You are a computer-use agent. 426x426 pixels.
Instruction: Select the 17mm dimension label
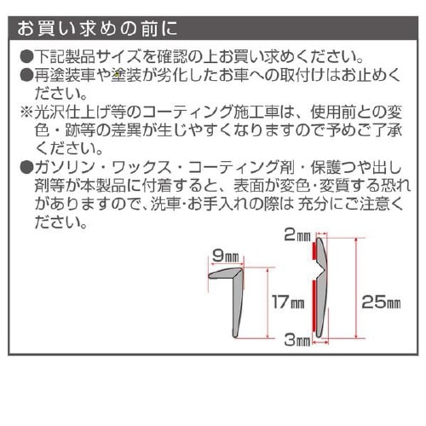(x=288, y=302)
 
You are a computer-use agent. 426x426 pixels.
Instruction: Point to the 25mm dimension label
(x=381, y=301)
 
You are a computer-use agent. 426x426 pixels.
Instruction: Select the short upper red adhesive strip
(x=316, y=250)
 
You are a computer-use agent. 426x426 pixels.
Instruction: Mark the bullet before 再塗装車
(x=26, y=77)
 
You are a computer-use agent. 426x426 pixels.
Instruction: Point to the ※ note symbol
(x=26, y=112)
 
